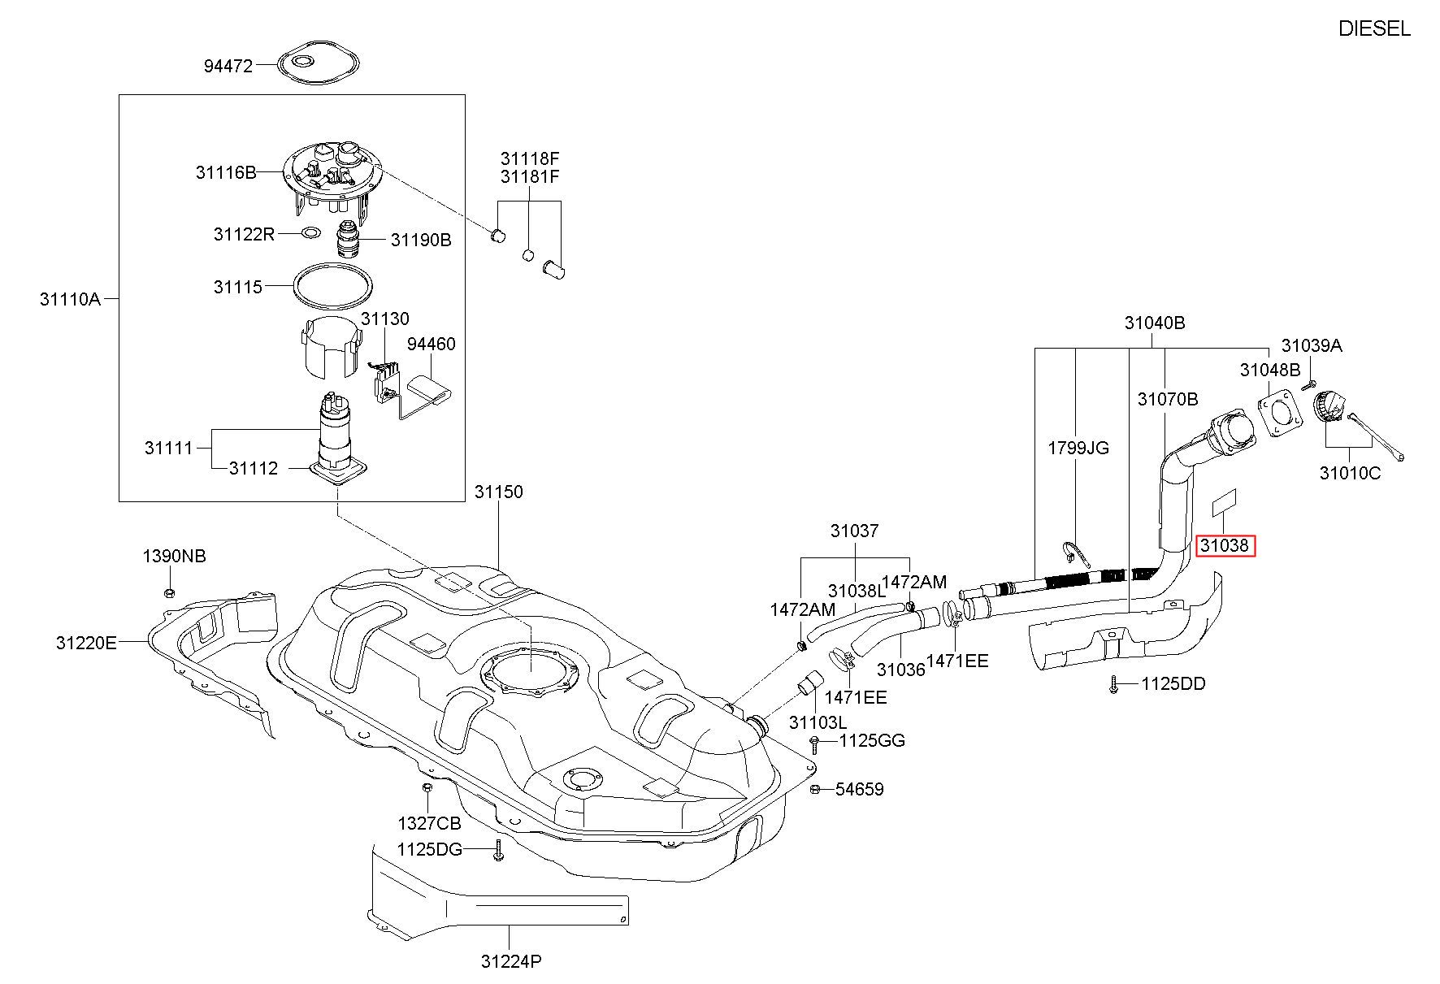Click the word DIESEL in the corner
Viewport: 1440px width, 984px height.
(x=1374, y=29)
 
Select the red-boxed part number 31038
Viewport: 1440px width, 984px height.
(x=1225, y=545)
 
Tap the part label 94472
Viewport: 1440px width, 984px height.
(x=228, y=65)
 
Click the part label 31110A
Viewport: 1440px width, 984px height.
(x=70, y=299)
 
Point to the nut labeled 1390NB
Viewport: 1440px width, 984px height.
(x=170, y=592)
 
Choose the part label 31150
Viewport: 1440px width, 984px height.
(x=499, y=492)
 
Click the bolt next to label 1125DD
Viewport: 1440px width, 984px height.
(x=1113, y=685)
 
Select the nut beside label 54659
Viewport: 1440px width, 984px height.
(x=815, y=789)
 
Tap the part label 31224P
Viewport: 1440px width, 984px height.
(x=511, y=962)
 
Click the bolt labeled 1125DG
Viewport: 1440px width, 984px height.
(x=498, y=851)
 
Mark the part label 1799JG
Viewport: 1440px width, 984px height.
(x=1078, y=449)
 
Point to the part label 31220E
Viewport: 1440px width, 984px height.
(x=86, y=643)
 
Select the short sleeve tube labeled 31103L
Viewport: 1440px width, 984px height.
(x=809, y=685)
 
